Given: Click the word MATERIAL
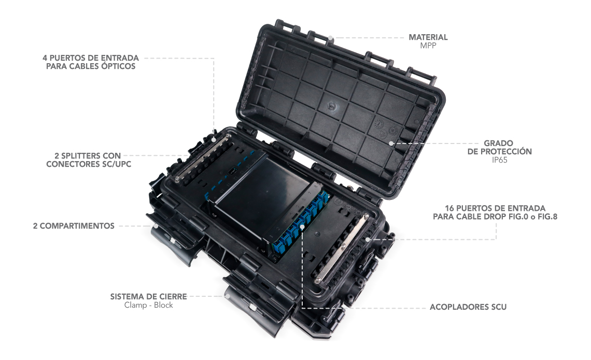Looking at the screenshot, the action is pos(428,37).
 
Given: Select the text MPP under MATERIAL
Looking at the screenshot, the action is pos(428,46).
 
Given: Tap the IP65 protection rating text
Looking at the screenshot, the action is pos(499,160).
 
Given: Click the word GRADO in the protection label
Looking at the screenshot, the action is pos(498,143).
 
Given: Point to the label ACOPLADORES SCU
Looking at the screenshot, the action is pos(468,307).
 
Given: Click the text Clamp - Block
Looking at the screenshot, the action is pos(148,305).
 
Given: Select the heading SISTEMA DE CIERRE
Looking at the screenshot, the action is pos(148,296).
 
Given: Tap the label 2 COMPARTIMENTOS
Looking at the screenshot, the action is pos(74,226).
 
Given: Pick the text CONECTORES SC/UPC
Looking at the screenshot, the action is pos(89,164).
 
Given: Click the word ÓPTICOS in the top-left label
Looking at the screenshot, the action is pos(118,66).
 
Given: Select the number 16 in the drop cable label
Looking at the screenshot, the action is pos(449,208).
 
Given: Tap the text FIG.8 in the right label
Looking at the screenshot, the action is pos(547,217).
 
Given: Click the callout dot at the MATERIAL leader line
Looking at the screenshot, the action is pos(330,38).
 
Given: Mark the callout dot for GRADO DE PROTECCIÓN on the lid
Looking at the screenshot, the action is pos(391,143).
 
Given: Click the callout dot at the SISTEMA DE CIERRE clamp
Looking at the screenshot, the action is pos(228,296).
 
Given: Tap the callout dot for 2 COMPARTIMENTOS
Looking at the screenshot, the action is pos(155,226).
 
